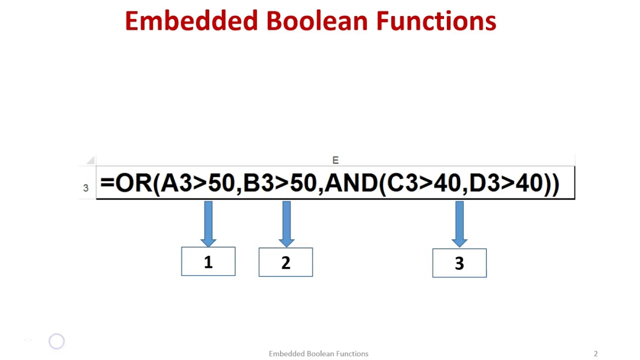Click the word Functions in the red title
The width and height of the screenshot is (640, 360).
436,21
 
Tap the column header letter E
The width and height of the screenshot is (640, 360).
335,160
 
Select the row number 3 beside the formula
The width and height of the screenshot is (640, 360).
85,188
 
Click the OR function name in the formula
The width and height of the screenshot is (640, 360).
133,183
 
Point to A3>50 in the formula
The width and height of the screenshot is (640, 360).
197,183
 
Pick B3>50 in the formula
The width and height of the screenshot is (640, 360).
279,183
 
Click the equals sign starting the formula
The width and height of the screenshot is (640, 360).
107,183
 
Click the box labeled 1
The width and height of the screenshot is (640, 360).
208,261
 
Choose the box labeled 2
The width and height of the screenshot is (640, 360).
285,262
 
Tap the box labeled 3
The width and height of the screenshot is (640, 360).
459,263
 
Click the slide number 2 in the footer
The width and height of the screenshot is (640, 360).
595,353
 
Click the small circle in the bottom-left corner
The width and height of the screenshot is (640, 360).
56,341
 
